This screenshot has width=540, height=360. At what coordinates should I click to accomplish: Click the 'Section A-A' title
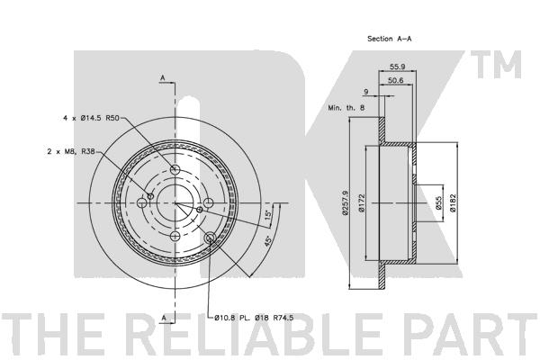(x=389, y=39)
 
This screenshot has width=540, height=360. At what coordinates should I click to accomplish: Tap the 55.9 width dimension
(x=397, y=67)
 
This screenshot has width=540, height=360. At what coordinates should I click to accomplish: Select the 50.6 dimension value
(x=395, y=81)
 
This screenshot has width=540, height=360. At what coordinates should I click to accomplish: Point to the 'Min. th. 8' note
(x=346, y=107)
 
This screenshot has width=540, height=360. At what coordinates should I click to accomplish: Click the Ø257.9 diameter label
(x=346, y=202)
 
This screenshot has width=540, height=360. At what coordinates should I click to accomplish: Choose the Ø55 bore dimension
(x=438, y=202)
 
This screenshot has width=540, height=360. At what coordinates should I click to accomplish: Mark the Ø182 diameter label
(x=453, y=202)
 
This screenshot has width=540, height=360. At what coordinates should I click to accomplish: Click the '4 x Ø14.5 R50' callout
(x=91, y=118)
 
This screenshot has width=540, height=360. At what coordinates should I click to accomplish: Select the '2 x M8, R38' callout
(x=71, y=151)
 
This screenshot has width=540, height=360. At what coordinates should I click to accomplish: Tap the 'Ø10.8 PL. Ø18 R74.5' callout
(x=254, y=318)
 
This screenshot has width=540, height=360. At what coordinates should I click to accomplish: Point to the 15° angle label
(x=268, y=215)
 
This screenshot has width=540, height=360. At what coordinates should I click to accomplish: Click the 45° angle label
(x=267, y=241)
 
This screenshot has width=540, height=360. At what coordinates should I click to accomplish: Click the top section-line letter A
(x=163, y=78)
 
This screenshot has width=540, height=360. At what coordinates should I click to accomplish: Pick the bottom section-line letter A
(x=164, y=318)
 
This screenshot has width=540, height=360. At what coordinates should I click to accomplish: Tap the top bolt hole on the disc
(x=175, y=169)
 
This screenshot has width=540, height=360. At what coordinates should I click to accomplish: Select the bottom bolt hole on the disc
(x=175, y=237)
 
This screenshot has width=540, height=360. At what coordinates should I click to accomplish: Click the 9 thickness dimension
(x=366, y=92)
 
